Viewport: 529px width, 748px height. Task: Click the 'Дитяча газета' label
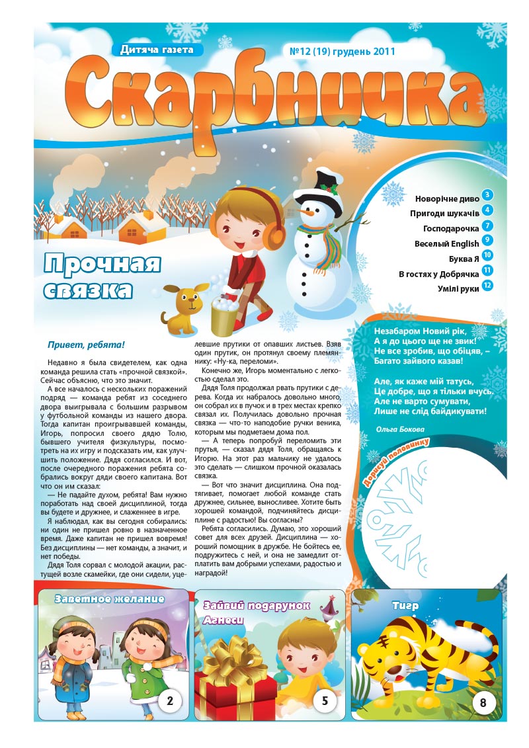click(x=157, y=49)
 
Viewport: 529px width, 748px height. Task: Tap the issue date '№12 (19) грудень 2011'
click(x=339, y=51)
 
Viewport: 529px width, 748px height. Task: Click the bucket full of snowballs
click(x=224, y=316)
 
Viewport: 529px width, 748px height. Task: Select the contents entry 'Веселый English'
click(x=446, y=243)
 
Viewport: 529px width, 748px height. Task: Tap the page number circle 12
click(x=488, y=286)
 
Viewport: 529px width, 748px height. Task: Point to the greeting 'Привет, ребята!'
click(x=86, y=345)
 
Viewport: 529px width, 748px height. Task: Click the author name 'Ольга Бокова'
click(x=399, y=429)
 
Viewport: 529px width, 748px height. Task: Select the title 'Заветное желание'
click(x=110, y=599)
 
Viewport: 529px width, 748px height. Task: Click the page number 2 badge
click(x=170, y=700)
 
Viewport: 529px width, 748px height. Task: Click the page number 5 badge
click(x=325, y=700)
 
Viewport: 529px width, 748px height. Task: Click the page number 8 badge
click(x=483, y=702)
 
